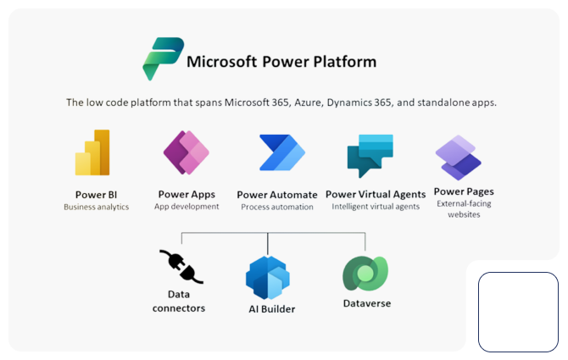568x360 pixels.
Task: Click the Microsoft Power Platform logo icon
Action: (x=163, y=58)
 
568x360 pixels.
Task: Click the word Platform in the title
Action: (x=345, y=62)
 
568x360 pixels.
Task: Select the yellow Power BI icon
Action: (x=92, y=152)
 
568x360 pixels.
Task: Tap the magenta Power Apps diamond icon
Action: (x=187, y=152)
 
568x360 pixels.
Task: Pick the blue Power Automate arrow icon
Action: (x=282, y=152)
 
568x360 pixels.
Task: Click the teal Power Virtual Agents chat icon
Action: (x=370, y=156)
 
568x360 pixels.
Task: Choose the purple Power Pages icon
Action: (x=459, y=158)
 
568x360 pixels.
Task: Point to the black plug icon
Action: (x=181, y=267)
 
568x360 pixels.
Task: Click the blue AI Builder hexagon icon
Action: (x=268, y=278)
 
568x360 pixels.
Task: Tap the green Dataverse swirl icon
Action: (x=365, y=273)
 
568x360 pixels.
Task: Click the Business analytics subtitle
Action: (x=97, y=207)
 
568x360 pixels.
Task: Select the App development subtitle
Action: (x=187, y=207)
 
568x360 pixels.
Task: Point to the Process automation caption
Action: (x=277, y=207)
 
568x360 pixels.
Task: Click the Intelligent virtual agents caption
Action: (x=376, y=207)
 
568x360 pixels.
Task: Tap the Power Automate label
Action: (x=277, y=195)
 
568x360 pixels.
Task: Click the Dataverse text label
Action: (x=367, y=303)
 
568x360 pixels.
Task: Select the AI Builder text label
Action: (x=271, y=309)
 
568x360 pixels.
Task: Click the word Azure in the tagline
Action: (x=308, y=102)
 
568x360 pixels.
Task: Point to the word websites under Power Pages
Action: (x=464, y=214)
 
